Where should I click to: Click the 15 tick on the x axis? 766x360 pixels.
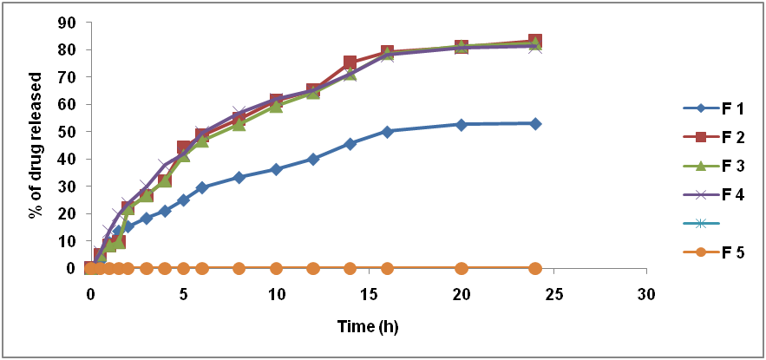pyautogui.click(x=369, y=293)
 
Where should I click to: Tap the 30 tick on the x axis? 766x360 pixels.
pyautogui.click(x=646, y=293)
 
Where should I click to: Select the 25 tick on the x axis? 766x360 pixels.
pyautogui.click(x=553, y=293)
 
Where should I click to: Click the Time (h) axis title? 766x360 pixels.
pyautogui.click(x=369, y=328)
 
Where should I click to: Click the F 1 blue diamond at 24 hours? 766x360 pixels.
pyautogui.click(x=535, y=124)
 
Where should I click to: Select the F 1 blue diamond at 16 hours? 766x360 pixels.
pyautogui.click(x=387, y=131)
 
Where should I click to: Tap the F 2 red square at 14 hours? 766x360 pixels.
pyautogui.click(x=350, y=62)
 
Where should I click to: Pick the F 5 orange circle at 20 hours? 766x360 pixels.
pyautogui.click(x=462, y=268)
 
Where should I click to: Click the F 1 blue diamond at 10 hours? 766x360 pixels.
pyautogui.click(x=276, y=169)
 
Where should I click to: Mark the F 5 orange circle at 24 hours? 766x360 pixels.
pyautogui.click(x=535, y=268)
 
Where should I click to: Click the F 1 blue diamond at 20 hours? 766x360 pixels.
pyautogui.click(x=462, y=125)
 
